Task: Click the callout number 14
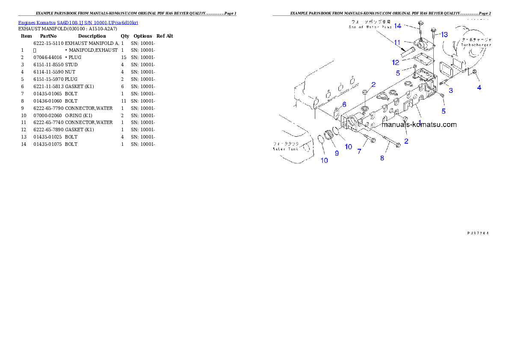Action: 398,26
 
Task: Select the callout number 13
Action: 444,34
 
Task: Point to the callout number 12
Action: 396,62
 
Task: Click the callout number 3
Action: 451,91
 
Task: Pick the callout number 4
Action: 479,88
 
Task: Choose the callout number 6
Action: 343,104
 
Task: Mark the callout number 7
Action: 359,151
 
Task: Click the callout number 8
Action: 382,158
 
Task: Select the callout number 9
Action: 337,153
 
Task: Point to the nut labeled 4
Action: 474,76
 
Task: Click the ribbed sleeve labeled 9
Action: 330,136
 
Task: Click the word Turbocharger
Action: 476,44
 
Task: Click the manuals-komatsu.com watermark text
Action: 419,125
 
